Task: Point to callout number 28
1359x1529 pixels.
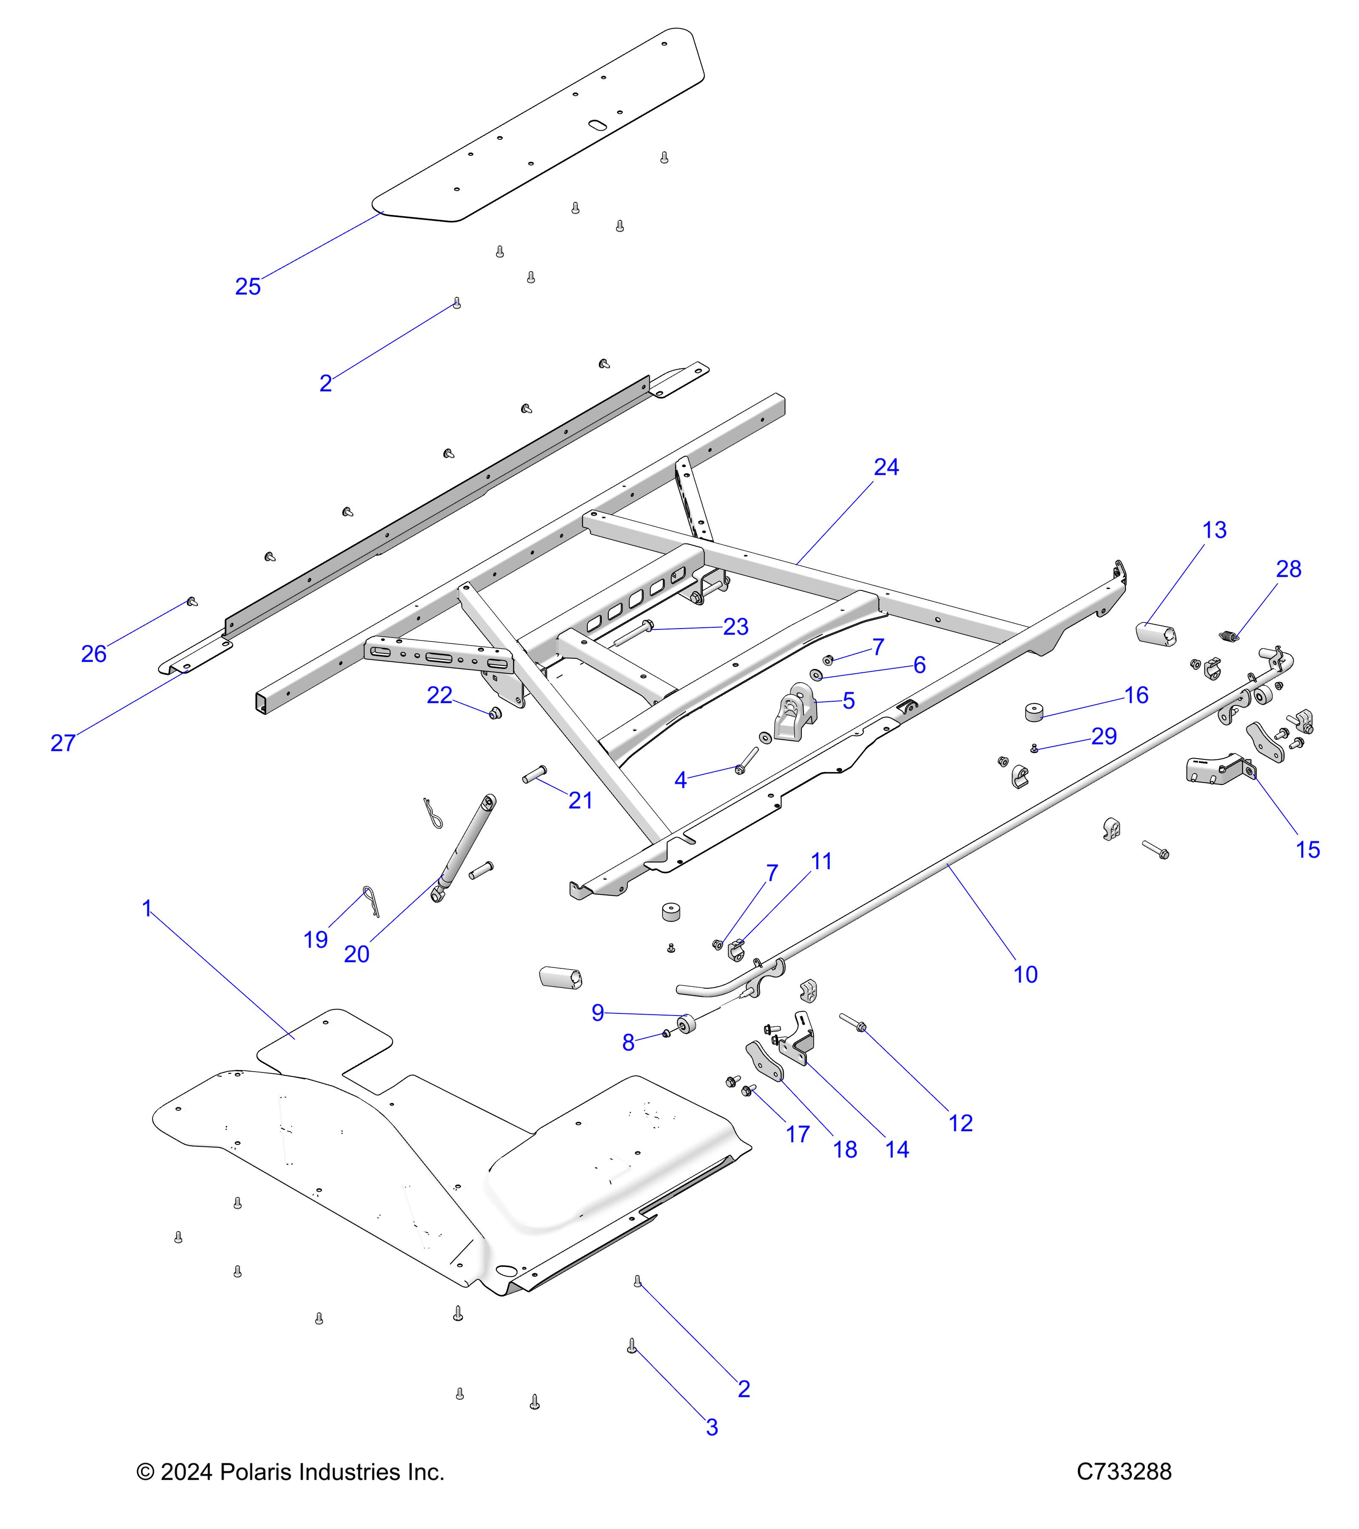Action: pyautogui.click(x=1289, y=569)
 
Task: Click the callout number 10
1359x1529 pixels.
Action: pyautogui.click(x=1025, y=974)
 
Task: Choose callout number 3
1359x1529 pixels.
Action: pyautogui.click(x=711, y=1427)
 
